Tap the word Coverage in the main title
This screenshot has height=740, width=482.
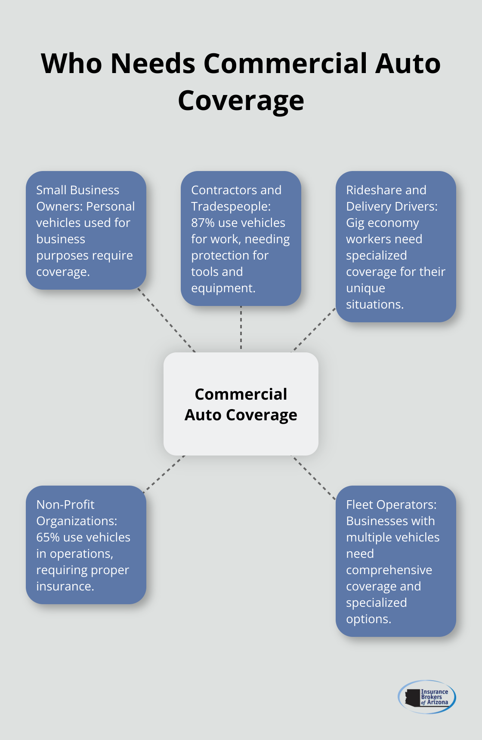[241, 101]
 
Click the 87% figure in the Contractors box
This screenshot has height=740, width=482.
[203, 223]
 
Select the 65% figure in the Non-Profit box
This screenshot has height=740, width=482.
[48, 537]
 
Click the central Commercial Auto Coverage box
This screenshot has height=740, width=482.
[241, 404]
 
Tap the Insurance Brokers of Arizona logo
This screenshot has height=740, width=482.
[426, 697]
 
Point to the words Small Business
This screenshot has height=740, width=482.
[77, 190]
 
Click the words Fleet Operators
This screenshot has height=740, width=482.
[391, 505]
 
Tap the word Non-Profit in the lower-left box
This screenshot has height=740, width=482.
[65, 505]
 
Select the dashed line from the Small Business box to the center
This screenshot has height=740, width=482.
[167, 321]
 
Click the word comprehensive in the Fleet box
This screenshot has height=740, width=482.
[389, 570]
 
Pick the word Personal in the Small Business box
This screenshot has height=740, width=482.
[110, 206]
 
